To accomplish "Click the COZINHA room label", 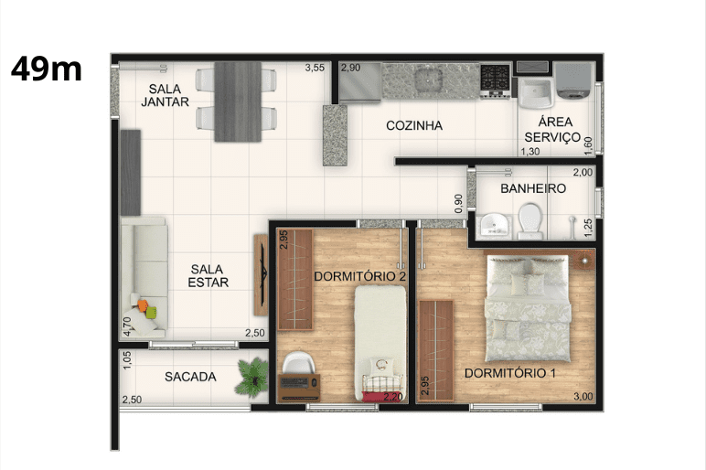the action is [x=414, y=125].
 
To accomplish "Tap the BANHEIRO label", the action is [x=533, y=188].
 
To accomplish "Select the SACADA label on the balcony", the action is [x=190, y=377].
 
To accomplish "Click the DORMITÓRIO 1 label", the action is [x=509, y=373].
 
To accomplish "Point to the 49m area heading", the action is [x=47, y=69].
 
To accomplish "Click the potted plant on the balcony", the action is [x=252, y=378].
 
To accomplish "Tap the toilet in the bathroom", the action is [x=529, y=220].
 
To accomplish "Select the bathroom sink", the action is [x=494, y=225].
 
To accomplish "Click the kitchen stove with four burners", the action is [x=495, y=80].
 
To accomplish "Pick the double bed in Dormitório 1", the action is [x=528, y=308].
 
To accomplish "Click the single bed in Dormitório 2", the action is [x=380, y=343].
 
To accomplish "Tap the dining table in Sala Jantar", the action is [x=237, y=102].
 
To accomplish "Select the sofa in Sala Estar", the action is [x=144, y=277].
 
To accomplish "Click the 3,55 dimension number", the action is [x=315, y=68].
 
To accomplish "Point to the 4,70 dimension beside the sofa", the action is [x=127, y=326].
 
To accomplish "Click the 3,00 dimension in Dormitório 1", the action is [x=583, y=397].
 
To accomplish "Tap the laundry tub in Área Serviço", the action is [x=536, y=93].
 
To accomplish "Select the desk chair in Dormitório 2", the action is [x=297, y=362].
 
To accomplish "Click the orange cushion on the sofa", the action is [x=143, y=305].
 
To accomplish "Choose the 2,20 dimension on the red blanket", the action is [x=392, y=397].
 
